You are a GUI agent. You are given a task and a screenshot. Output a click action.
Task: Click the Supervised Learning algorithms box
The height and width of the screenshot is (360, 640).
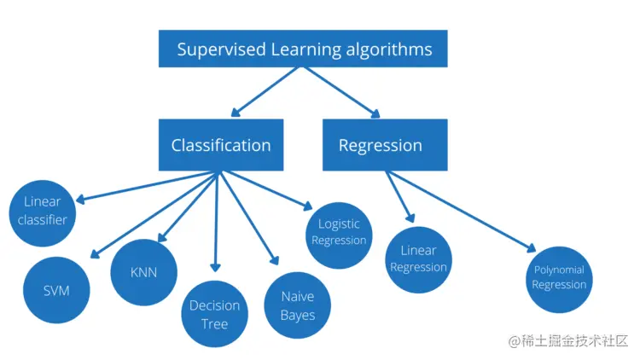(x=305, y=49)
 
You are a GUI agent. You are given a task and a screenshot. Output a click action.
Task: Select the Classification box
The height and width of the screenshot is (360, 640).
(x=221, y=145)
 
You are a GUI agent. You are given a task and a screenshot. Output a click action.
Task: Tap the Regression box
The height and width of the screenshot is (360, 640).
(x=380, y=145)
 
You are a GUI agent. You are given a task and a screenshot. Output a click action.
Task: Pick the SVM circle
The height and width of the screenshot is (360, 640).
(x=56, y=290)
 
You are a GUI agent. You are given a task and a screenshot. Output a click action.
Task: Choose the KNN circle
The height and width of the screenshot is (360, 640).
(x=144, y=273)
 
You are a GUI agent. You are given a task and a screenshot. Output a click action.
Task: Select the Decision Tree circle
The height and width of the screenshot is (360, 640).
(x=214, y=315)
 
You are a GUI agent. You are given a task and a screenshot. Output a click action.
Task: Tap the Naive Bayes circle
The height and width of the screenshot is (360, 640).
(x=298, y=305)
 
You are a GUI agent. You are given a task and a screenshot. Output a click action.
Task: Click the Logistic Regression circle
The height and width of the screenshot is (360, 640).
(x=339, y=232)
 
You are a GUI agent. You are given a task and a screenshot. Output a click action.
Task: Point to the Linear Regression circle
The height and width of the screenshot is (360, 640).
(x=418, y=258)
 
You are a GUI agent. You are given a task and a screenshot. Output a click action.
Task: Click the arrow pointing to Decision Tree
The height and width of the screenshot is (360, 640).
(x=216, y=222)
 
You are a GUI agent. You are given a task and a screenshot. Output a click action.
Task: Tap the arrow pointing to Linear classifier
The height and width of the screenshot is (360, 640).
(x=145, y=187)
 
